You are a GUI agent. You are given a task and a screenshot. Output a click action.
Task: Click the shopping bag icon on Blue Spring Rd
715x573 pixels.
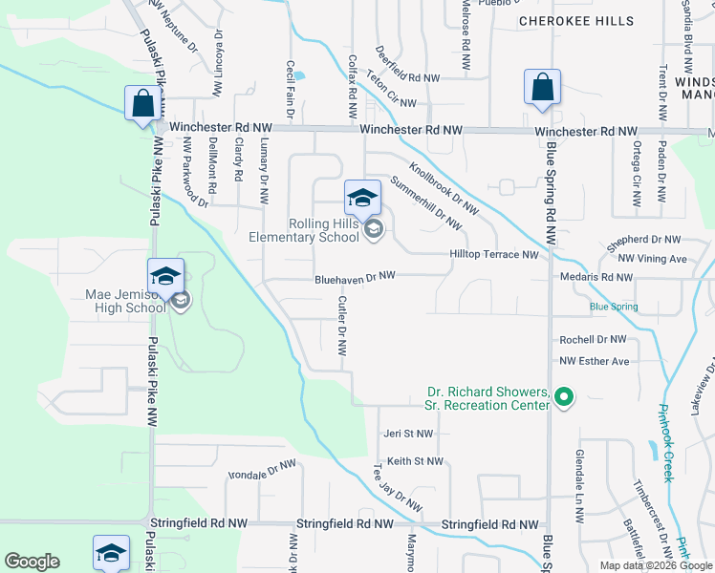pyautogui.click(x=542, y=87)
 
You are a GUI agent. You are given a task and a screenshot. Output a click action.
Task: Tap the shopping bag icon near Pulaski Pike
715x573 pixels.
pyautogui.click(x=141, y=102)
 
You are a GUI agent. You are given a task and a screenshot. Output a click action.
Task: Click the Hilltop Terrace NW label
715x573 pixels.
pyautogui.click(x=495, y=255)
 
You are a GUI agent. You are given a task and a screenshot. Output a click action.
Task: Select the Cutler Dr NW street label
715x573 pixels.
pyautogui.click(x=341, y=325)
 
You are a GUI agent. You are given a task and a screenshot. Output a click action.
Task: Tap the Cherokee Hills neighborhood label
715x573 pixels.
pyautogui.click(x=575, y=20)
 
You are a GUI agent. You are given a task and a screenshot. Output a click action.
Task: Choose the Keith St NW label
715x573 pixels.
pyautogui.click(x=415, y=462)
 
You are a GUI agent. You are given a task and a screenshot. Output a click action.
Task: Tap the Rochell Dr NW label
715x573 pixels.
pyautogui.click(x=593, y=339)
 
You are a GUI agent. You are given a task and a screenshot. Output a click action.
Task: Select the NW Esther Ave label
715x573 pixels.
pyautogui.click(x=595, y=361)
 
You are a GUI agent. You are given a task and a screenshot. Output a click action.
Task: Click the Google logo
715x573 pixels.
pyautogui.click(x=32, y=562)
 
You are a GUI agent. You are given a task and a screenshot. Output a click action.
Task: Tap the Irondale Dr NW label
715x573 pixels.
pyautogui.click(x=262, y=470)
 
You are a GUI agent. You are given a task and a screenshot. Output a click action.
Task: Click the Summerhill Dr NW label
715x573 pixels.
pyautogui.click(x=427, y=203)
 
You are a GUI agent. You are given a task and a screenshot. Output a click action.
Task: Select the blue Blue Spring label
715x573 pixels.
pyautogui.click(x=613, y=307)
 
